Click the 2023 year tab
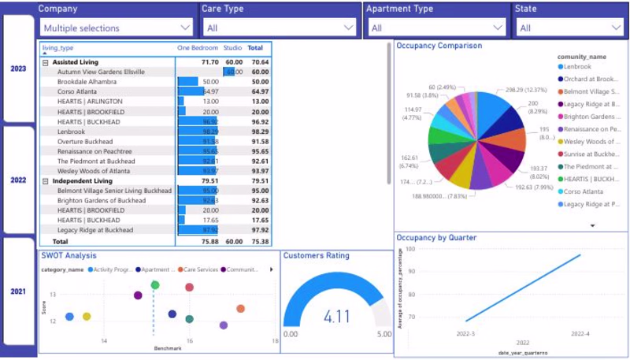(x=18, y=69)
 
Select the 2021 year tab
(x=18, y=291)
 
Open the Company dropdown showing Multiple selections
(x=118, y=28)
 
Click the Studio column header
(x=232, y=48)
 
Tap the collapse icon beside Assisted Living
(x=46, y=61)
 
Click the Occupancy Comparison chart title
(x=439, y=46)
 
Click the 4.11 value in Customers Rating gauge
(x=336, y=317)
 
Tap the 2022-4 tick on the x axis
(x=580, y=334)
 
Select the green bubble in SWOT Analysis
(x=155, y=285)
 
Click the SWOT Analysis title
(x=69, y=255)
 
